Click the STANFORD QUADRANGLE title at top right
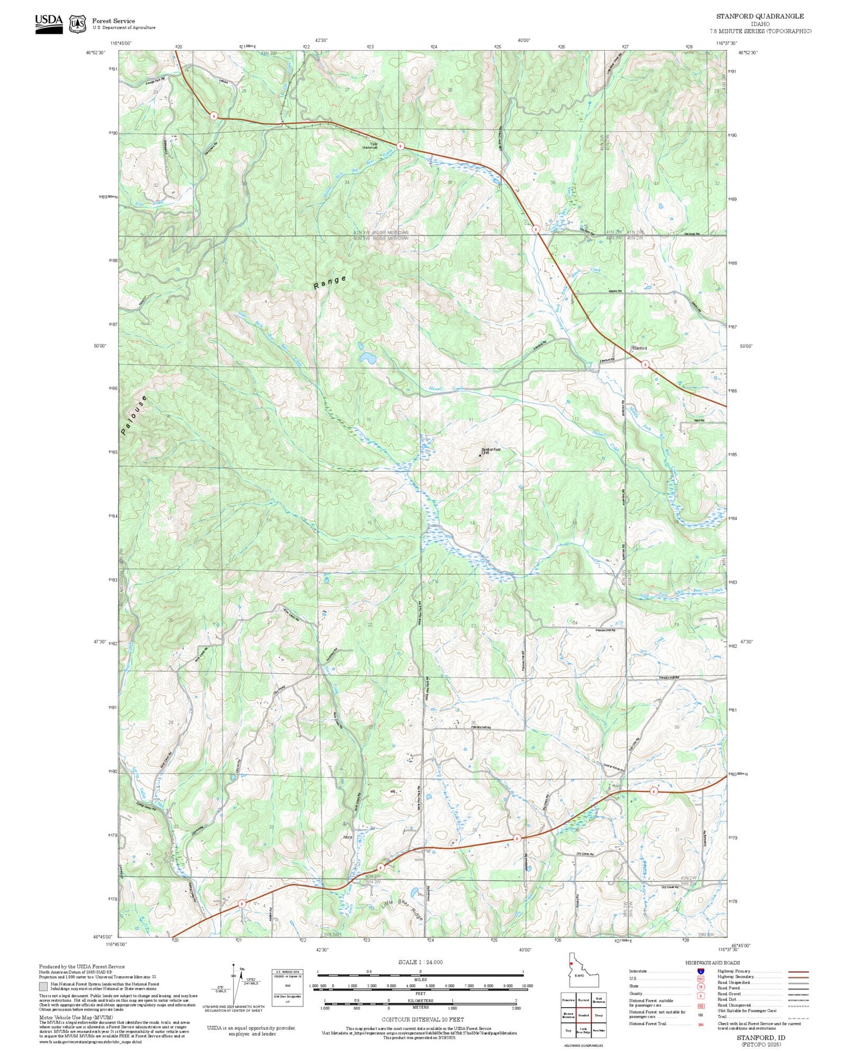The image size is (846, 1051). pyautogui.click(x=760, y=16)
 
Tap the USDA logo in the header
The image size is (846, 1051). pyautogui.click(x=49, y=23)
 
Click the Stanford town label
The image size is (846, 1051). pyautogui.click(x=639, y=348)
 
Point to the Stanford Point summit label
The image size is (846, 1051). pyautogui.click(x=490, y=450)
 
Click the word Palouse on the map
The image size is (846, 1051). pyautogui.click(x=133, y=415)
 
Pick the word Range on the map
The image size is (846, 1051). pyautogui.click(x=330, y=282)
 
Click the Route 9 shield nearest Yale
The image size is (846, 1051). pyautogui.click(x=400, y=146)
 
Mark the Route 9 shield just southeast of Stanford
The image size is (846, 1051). pyautogui.click(x=645, y=364)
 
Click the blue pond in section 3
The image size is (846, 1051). pyautogui.click(x=368, y=357)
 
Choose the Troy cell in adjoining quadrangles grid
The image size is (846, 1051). pyautogui.click(x=568, y=1030)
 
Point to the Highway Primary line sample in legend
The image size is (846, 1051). pyautogui.click(x=798, y=971)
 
